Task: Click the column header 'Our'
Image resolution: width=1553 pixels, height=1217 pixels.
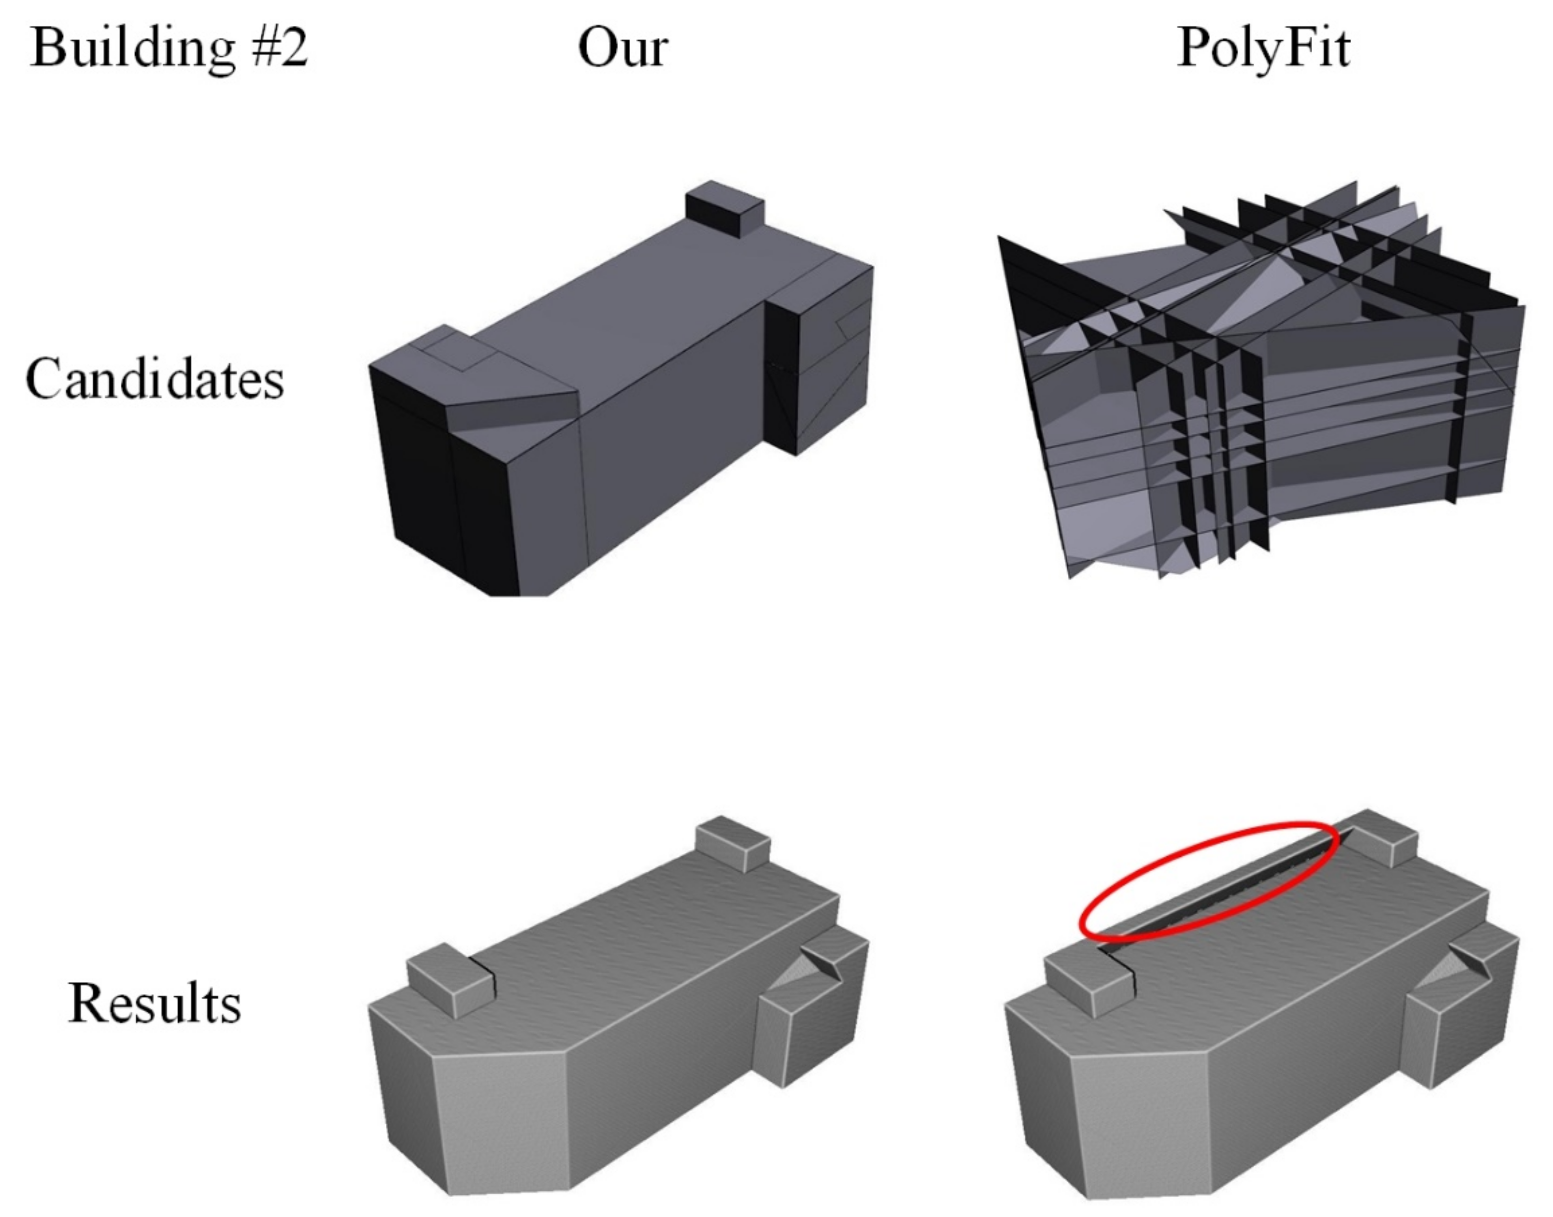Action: point(623,48)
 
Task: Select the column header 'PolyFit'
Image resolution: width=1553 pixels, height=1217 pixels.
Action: point(1263,48)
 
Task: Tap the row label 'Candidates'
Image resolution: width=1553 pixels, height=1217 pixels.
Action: point(155,379)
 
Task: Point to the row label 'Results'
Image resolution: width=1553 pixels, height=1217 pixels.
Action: point(155,1003)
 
